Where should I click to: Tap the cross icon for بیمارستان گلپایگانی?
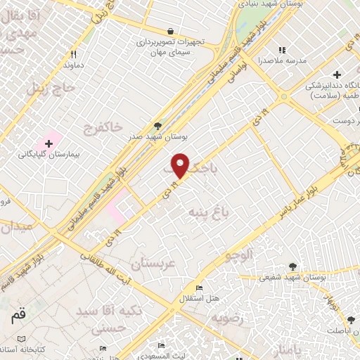49,143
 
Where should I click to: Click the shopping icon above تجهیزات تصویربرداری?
171,31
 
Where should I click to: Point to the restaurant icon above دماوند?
74,53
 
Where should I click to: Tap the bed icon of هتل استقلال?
200,288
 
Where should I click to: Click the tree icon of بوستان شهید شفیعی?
292,266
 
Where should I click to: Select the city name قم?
18,316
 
